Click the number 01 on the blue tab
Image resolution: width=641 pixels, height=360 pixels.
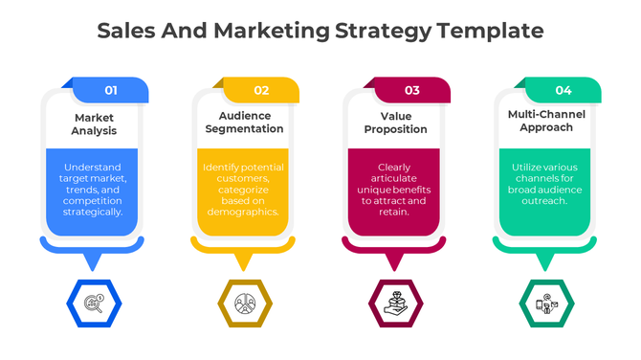tap(111, 90)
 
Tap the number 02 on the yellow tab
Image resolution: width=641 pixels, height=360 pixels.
tap(261, 90)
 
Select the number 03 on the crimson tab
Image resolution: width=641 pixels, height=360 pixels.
tap(412, 90)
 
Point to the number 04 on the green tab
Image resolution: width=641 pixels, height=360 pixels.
tap(564, 90)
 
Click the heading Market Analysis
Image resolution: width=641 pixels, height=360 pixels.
tap(94, 124)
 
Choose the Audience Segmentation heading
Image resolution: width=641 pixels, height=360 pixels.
tap(245, 123)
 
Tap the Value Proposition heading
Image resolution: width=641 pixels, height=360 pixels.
tap(395, 124)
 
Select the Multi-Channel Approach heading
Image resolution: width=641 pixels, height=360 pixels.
tap(546, 120)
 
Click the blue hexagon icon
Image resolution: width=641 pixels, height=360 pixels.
tap(94, 304)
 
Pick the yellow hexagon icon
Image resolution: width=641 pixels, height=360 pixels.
tap(245, 304)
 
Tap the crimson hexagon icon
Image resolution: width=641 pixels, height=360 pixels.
tap(395, 304)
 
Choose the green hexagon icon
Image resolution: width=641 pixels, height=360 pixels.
tap(546, 304)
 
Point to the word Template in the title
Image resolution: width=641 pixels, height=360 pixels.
tap(490, 31)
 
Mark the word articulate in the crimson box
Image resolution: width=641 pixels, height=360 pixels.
tap(395, 177)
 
